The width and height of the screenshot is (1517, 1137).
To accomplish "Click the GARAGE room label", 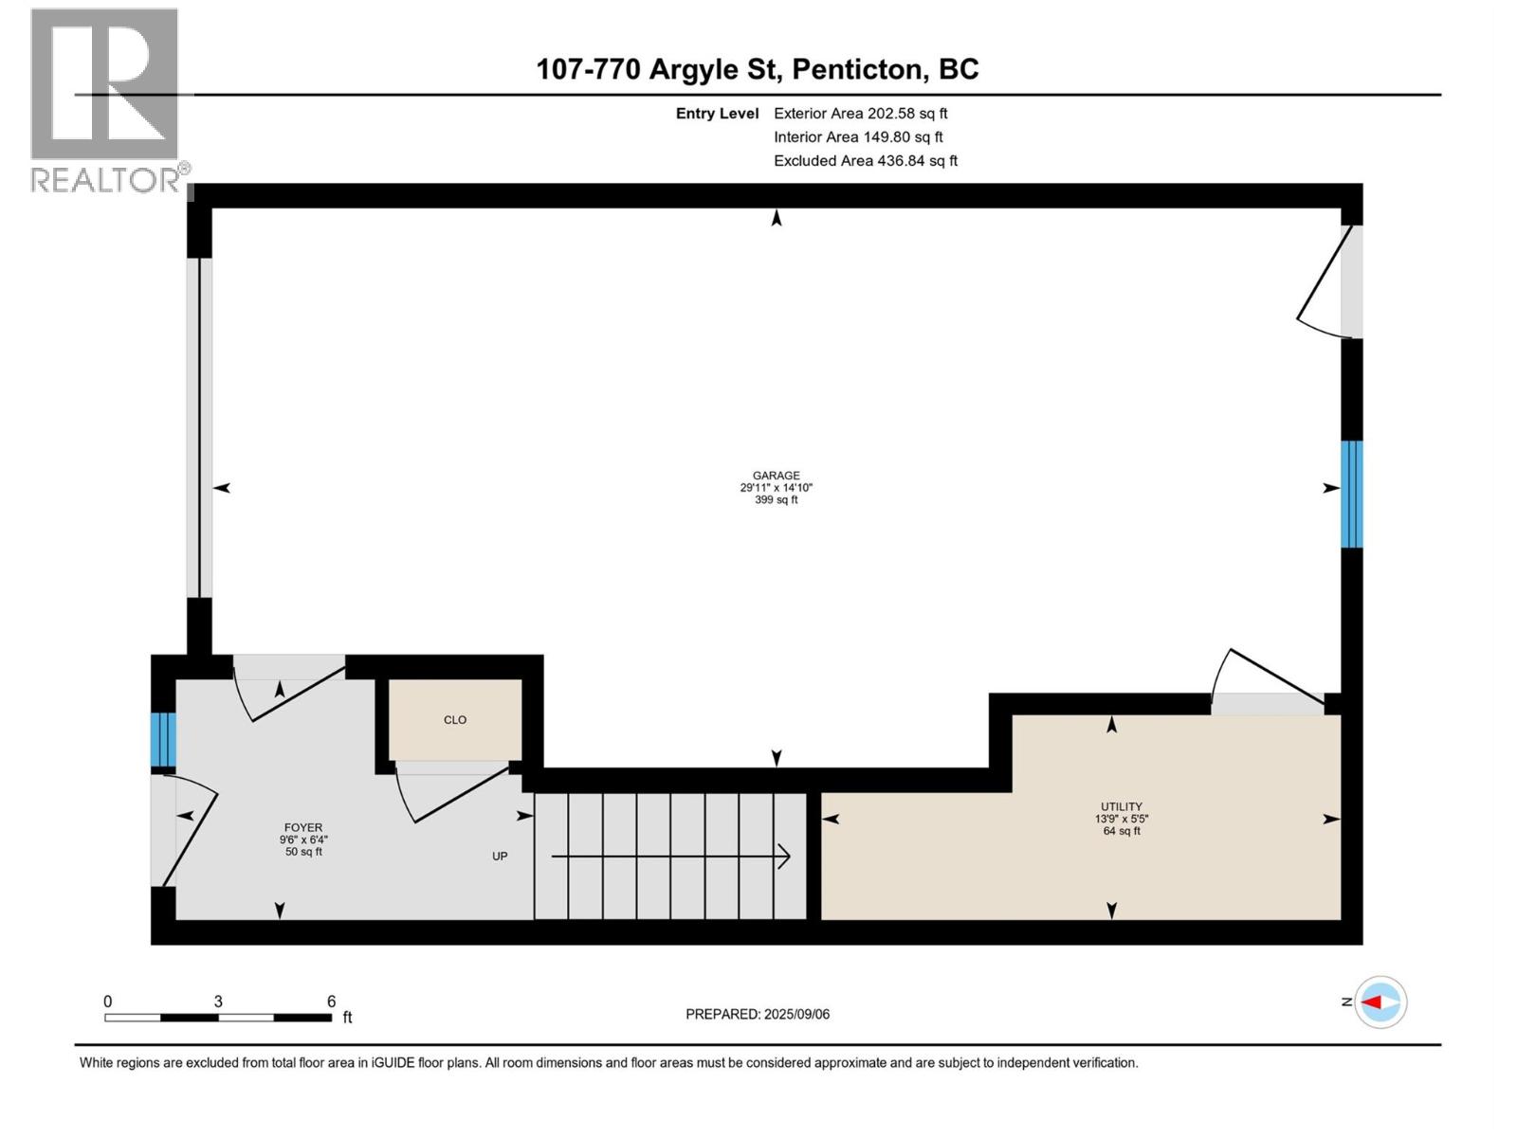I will pos(776,476).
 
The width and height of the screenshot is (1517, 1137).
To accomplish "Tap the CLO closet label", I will pos(455,720).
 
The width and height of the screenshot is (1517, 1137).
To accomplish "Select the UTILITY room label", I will pos(1121,807).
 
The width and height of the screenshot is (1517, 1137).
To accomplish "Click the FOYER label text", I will pos(303,827).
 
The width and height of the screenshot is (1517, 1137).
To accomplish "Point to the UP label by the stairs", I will pos(500,857).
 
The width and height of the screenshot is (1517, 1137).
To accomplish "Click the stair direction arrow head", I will pos(785,857).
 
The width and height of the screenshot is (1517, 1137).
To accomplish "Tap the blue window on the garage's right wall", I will pos(1351,494).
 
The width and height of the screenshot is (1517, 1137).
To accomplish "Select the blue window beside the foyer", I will pos(163,740).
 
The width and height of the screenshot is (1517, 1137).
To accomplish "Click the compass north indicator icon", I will pos(1380,1002).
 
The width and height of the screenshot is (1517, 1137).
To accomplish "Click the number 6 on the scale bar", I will pos(332,1002).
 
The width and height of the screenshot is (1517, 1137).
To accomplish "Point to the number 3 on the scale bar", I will pos(218,1002).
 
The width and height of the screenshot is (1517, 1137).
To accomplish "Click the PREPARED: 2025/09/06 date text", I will pos(758,1014).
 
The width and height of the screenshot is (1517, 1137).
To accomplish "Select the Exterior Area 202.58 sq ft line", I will pos(860,114).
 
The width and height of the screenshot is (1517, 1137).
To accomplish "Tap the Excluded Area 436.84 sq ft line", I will pos(865,161).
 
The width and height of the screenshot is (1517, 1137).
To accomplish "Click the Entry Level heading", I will pos(717,114).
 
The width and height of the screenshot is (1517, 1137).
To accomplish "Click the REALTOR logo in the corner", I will pos(106,99).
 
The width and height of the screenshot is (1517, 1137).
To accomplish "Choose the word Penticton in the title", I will pos(857,69).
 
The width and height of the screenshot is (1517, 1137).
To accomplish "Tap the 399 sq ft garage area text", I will pos(776,500).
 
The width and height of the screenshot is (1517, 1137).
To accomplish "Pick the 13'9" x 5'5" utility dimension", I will pos(1121,820).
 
